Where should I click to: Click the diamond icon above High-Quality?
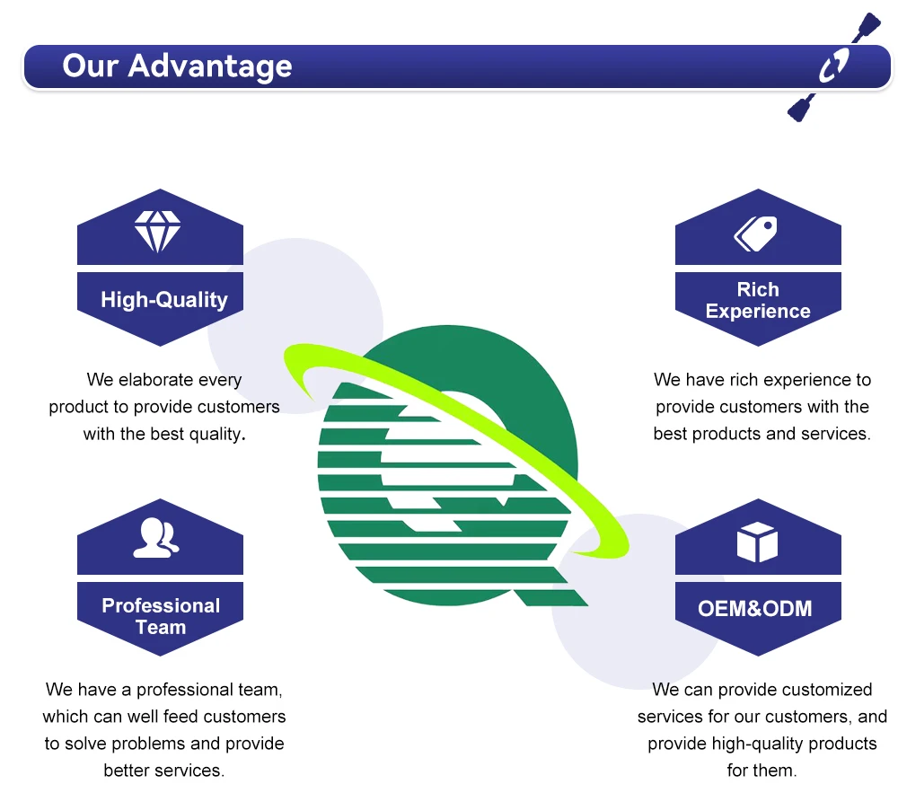tap(157, 232)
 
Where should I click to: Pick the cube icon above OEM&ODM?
tap(756, 542)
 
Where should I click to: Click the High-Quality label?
tap(164, 300)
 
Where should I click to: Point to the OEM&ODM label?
tap(754, 609)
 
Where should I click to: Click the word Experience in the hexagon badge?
tap(758, 312)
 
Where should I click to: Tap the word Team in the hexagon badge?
tap(161, 627)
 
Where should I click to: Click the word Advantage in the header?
tap(209, 66)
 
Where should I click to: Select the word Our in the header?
tap(90, 66)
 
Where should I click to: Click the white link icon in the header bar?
tap(833, 66)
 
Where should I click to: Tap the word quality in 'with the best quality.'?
tap(216, 434)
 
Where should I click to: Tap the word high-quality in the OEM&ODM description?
tap(751, 744)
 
